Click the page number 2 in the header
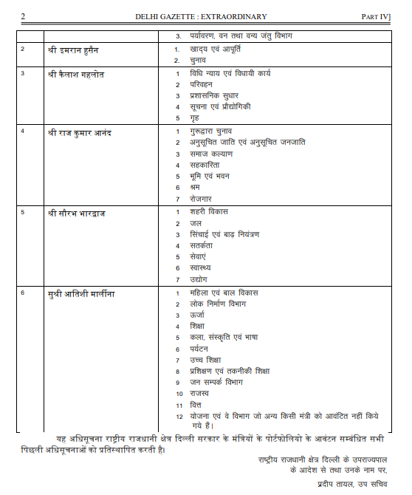click(23, 16)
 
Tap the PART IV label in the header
click(377, 16)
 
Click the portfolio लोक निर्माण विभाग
click(217, 304)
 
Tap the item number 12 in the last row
click(179, 416)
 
